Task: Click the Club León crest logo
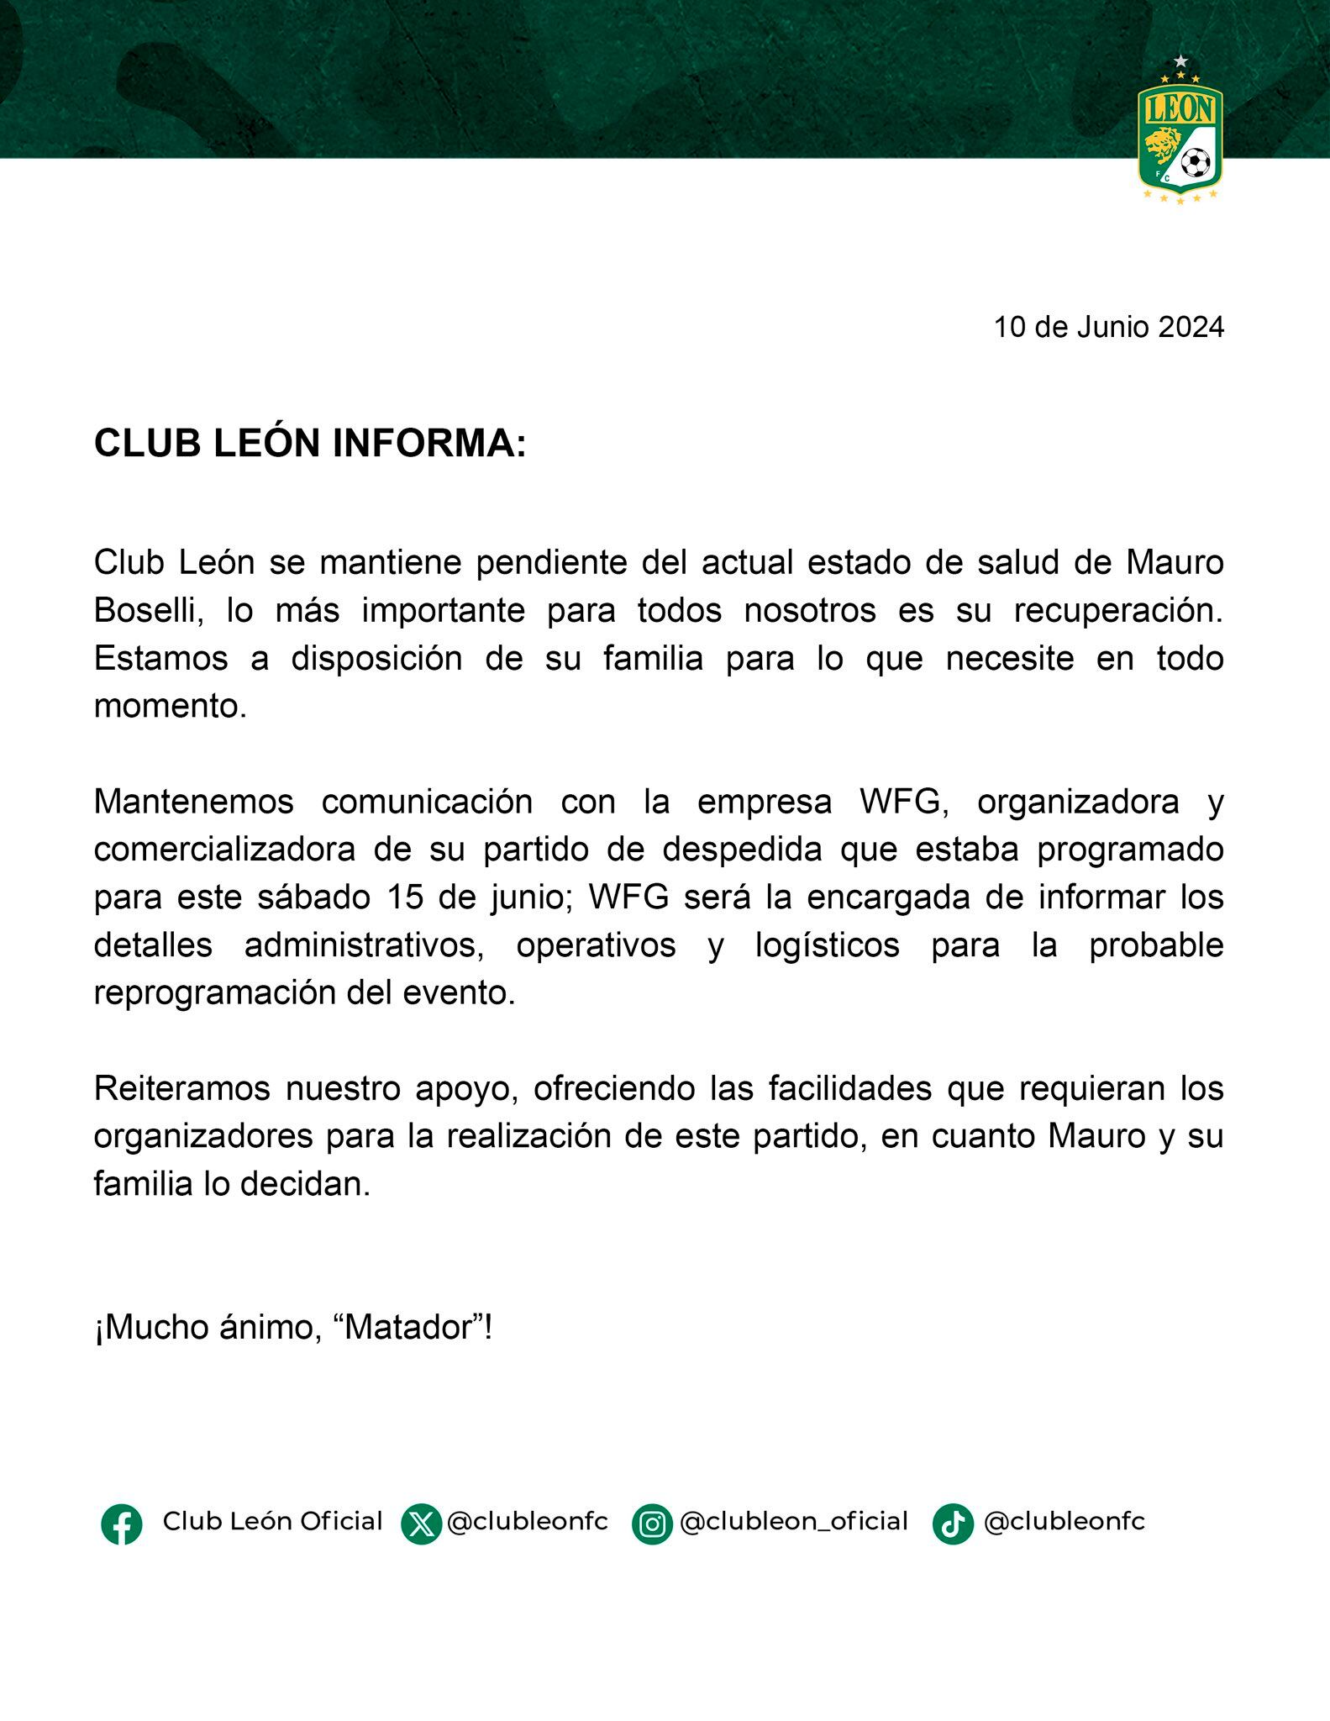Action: point(1180,134)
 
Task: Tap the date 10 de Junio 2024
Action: point(1108,327)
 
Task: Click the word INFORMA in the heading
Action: point(429,444)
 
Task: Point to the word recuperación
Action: point(1117,610)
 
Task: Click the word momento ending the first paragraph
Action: point(170,706)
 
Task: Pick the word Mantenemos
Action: point(194,802)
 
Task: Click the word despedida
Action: point(742,850)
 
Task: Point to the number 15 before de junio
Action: point(405,897)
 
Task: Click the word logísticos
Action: point(827,945)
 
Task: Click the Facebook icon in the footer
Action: point(122,1524)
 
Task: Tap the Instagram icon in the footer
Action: point(652,1524)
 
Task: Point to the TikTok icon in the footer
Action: point(953,1524)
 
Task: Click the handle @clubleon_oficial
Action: point(793,1522)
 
